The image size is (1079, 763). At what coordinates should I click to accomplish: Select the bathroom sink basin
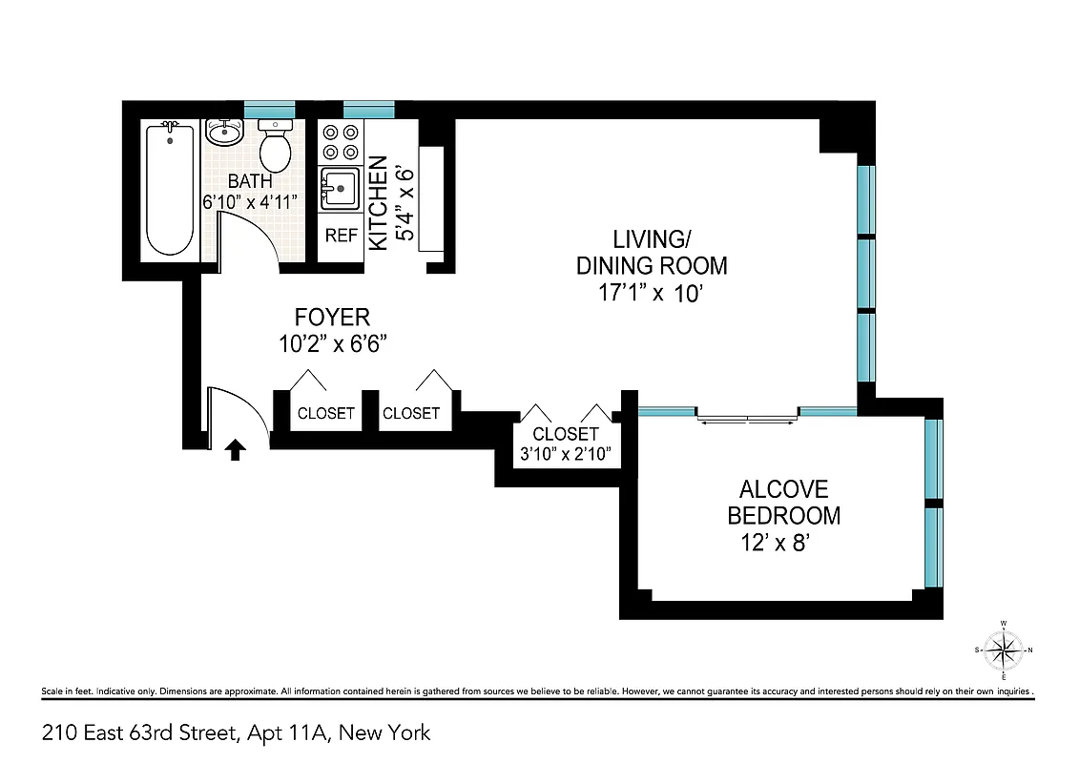point(224,133)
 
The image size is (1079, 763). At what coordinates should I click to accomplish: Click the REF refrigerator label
point(341,235)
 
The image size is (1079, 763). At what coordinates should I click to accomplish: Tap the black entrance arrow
point(234,449)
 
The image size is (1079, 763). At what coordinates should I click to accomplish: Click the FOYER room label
point(331,317)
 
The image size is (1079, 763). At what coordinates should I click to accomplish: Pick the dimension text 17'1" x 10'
point(644,294)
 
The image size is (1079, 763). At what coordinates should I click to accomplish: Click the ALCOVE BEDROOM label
point(783,503)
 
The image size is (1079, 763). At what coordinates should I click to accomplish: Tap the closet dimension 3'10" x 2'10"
point(566,454)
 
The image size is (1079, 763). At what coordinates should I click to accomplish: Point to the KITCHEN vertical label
point(378,203)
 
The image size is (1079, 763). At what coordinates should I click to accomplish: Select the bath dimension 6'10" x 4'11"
point(250,201)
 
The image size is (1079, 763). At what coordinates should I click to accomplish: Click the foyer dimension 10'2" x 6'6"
point(331,344)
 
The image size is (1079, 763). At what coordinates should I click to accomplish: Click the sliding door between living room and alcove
point(747,415)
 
